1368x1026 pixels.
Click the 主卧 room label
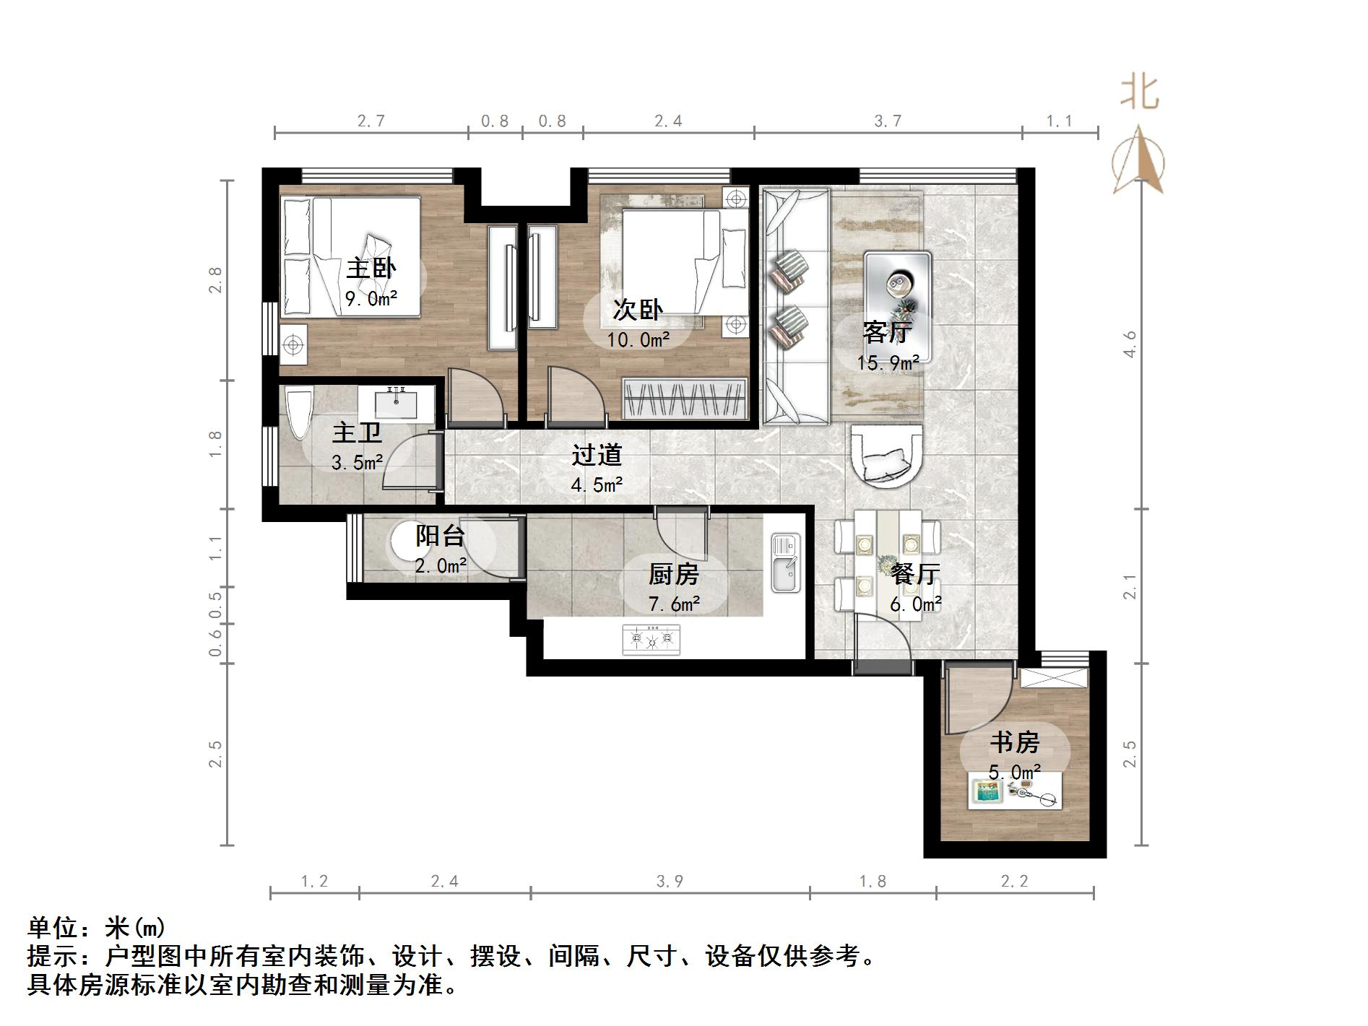[371, 269]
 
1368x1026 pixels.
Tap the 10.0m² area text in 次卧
[638, 339]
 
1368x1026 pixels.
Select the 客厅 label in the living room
[887, 332]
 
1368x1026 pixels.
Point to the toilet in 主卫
[298, 413]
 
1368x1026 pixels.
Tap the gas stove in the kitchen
[651, 639]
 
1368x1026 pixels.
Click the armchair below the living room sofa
[886, 456]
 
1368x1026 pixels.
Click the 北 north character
[1140, 93]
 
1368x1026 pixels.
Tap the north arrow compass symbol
[1138, 162]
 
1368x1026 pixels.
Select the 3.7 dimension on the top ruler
[888, 121]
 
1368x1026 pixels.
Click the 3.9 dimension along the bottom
[670, 882]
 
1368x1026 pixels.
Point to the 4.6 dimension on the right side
[1130, 344]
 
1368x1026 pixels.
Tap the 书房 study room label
[1014, 742]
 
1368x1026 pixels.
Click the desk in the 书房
[1014, 793]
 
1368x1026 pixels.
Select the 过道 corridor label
[597, 455]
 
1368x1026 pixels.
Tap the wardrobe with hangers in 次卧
[683, 398]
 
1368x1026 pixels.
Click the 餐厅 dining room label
[915, 574]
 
